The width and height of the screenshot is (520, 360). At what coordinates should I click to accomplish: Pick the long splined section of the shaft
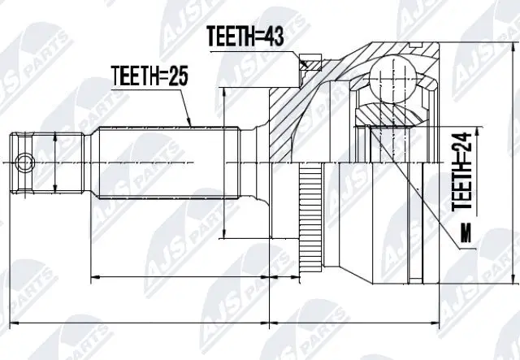(162, 163)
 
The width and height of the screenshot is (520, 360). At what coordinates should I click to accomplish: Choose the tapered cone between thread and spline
(91, 163)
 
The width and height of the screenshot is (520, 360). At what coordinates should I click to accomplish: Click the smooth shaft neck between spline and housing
(244, 163)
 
